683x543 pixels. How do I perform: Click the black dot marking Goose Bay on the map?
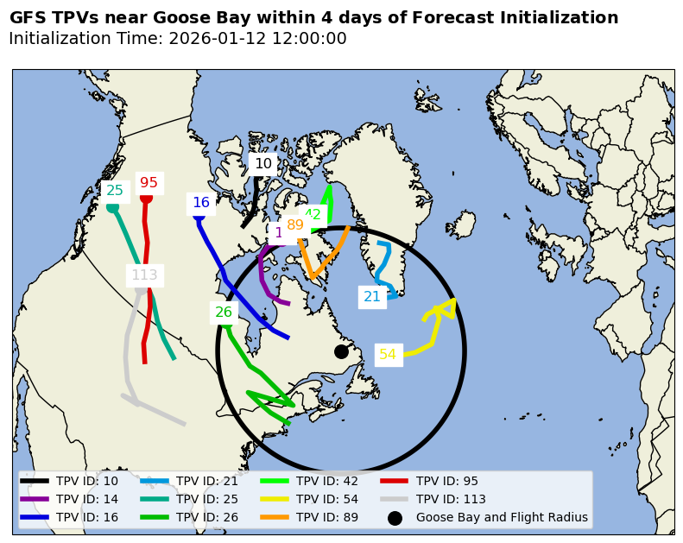pos(341,351)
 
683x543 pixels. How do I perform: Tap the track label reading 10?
pos(263,163)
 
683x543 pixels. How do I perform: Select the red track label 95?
pos(149,182)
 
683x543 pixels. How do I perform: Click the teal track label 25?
pos(115,191)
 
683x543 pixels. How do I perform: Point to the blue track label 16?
pos(201,203)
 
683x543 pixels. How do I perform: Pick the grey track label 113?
pos(144,275)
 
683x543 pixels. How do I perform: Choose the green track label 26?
pos(224,313)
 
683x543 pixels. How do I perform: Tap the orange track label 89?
pos(295,225)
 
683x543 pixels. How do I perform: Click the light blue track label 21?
pos(372,297)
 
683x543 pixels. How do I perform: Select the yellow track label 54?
pos(388,354)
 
